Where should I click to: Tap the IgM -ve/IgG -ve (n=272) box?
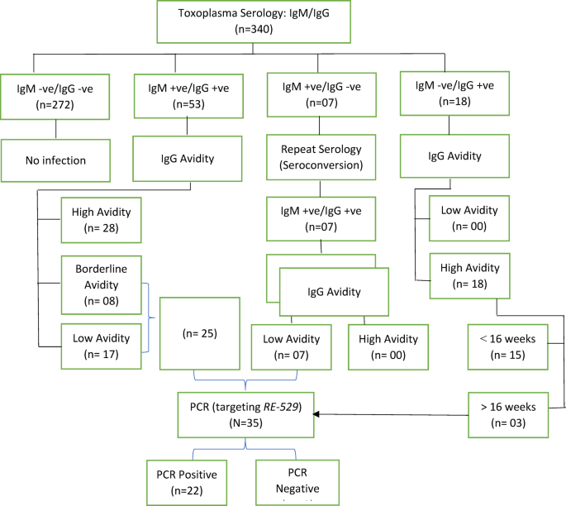pyautogui.click(x=55, y=94)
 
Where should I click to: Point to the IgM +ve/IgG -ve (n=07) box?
pyautogui.click(x=319, y=94)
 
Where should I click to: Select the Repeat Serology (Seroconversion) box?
pyautogui.click(x=319, y=157)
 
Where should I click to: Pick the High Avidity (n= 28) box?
pyautogui.click(x=102, y=221)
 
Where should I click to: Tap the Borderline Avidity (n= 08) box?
pyautogui.click(x=102, y=280)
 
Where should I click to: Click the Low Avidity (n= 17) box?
pyautogui.click(x=102, y=346)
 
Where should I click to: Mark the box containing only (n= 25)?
pyautogui.click(x=201, y=333)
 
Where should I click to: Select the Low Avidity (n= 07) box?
pyautogui.click(x=292, y=346)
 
